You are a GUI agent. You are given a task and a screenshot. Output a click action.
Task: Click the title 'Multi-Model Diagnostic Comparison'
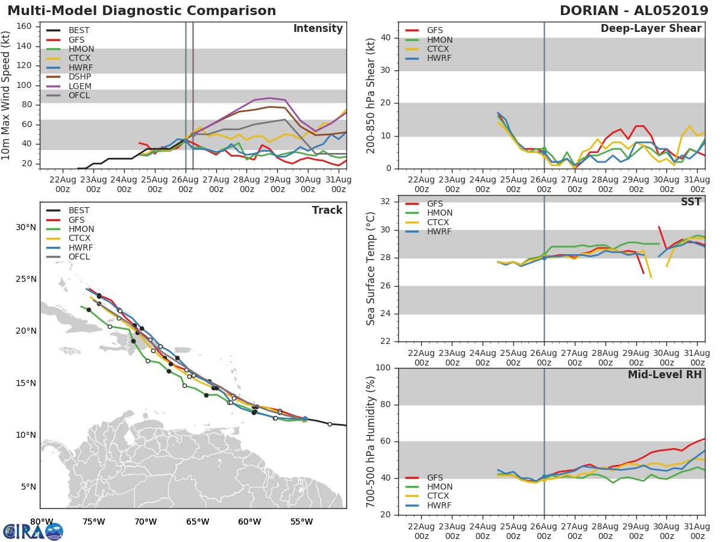(142, 11)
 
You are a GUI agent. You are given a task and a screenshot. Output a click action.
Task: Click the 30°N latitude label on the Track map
(26, 228)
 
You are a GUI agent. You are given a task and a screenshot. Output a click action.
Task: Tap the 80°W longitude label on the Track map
(42, 522)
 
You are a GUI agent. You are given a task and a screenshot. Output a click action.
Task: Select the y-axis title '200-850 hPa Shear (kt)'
(371, 95)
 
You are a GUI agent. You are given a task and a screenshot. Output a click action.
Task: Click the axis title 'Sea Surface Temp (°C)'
(371, 268)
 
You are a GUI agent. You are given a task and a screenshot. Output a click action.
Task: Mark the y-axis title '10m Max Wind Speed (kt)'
(7, 95)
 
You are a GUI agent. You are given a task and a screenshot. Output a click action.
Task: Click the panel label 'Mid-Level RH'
(665, 375)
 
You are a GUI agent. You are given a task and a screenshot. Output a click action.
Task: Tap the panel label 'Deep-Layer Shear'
(651, 29)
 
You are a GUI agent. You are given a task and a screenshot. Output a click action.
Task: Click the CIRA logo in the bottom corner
(33, 531)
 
